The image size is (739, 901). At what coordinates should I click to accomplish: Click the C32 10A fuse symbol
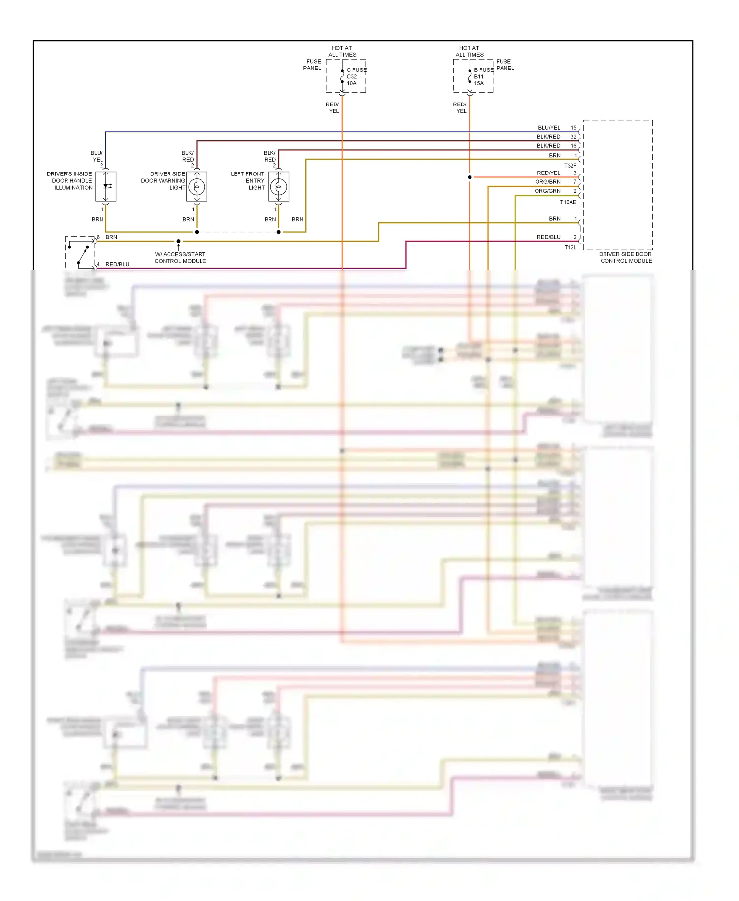pos(342,76)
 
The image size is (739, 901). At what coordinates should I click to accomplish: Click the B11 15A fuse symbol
pos(470,76)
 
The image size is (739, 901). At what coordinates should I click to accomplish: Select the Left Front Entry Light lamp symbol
pos(278,187)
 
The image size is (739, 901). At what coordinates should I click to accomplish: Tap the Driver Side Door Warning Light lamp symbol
pos(197,187)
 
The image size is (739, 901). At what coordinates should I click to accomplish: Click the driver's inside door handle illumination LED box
pos(106,186)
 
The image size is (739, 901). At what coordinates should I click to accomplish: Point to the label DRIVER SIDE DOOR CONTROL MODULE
pos(626,257)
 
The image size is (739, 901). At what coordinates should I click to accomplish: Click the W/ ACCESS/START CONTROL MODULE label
pos(180,258)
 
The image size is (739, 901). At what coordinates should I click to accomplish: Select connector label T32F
pos(570,166)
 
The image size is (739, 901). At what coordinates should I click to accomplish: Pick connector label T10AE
pos(568,202)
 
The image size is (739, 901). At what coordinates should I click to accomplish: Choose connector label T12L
pos(570,247)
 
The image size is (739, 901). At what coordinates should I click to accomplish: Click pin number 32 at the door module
pos(573,137)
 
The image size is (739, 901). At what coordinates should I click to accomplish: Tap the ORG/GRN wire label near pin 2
pos(547,191)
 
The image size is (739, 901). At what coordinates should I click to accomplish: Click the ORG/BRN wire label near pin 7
pos(547,182)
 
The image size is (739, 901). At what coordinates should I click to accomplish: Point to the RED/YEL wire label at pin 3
pos(548,173)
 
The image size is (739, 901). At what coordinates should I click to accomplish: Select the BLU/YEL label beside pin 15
pos(549,128)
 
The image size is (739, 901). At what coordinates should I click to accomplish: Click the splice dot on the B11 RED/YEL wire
pos(470,177)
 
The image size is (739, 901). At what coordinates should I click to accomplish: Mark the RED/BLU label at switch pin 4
pos(117,264)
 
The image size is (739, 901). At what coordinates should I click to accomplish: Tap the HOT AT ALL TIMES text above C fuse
pos(342,51)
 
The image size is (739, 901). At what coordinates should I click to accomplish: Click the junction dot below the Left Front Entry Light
pos(278,232)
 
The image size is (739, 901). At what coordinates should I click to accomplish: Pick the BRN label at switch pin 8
pos(111,237)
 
